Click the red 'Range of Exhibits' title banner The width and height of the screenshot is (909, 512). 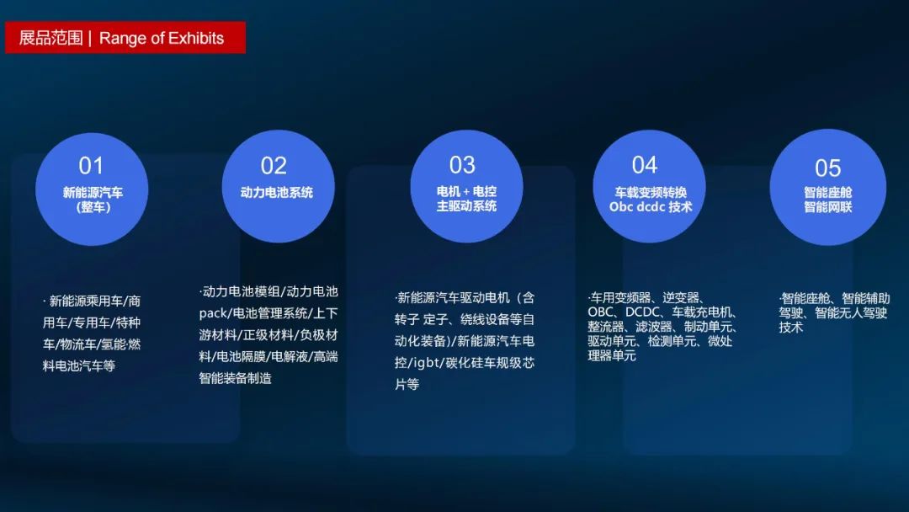(125, 38)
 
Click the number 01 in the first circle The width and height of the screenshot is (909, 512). (91, 166)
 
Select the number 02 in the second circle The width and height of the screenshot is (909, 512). (274, 166)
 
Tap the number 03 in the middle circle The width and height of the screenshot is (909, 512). (462, 165)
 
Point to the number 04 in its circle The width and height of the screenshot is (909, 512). (645, 165)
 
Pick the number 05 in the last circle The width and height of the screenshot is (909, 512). (828, 168)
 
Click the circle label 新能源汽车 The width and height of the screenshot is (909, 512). (93, 193)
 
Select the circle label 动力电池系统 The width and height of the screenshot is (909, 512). (277, 193)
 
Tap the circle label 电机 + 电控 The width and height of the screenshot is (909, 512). (466, 191)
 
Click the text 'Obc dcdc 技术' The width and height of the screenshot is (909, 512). (651, 207)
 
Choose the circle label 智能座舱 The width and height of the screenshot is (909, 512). (828, 193)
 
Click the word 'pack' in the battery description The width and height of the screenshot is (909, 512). (213, 314)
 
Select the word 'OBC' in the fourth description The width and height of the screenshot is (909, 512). (600, 312)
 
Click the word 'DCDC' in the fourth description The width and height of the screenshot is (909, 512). (643, 312)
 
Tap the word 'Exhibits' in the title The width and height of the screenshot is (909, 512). (196, 38)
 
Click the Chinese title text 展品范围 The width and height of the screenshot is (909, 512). (51, 38)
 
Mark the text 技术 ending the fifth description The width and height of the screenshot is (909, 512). (790, 327)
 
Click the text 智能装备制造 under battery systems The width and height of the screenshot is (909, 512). (236, 379)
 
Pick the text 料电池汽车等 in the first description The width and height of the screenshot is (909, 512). (79, 366)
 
